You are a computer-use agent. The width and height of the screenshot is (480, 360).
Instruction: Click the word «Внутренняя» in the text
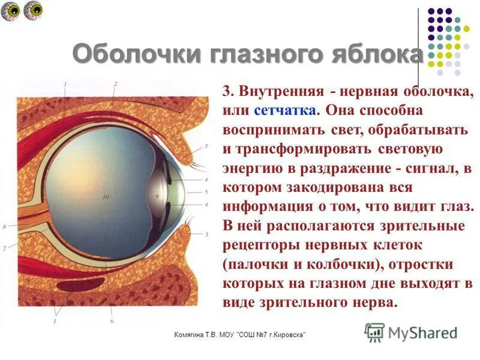click(x=281, y=92)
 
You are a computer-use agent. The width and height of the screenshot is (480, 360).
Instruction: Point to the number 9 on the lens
click(x=157, y=196)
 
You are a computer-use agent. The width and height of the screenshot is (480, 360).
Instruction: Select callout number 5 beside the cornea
click(x=206, y=192)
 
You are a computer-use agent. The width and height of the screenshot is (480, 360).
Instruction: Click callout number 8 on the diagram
click(x=4, y=227)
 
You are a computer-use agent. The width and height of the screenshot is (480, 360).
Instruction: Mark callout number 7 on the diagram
click(x=5, y=247)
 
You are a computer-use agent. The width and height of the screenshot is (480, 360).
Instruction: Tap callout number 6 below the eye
click(x=112, y=321)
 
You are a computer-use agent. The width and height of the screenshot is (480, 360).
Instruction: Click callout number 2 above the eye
click(x=115, y=84)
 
